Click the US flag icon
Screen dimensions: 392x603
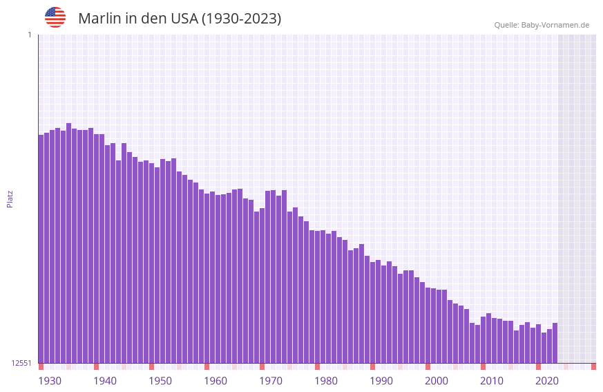point(55,17)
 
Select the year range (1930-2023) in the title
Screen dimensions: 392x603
point(241,19)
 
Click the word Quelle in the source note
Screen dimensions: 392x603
point(506,25)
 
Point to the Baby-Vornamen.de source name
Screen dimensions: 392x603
point(555,25)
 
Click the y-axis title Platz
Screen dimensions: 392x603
point(10,198)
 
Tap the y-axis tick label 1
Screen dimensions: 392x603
point(29,35)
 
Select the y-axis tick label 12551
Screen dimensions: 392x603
point(21,363)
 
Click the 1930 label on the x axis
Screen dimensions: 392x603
point(50,381)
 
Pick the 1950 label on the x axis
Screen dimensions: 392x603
point(160,381)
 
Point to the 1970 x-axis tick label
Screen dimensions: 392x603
point(271,381)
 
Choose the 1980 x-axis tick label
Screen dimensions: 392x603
point(326,381)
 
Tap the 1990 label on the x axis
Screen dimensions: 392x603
point(381,381)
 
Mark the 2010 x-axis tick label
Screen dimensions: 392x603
point(492,381)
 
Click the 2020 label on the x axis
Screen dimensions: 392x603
point(547,381)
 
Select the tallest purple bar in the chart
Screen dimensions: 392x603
point(68,242)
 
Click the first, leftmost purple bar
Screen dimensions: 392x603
point(41,249)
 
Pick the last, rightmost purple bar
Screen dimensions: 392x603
point(555,343)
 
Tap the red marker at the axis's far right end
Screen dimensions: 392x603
point(593,366)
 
